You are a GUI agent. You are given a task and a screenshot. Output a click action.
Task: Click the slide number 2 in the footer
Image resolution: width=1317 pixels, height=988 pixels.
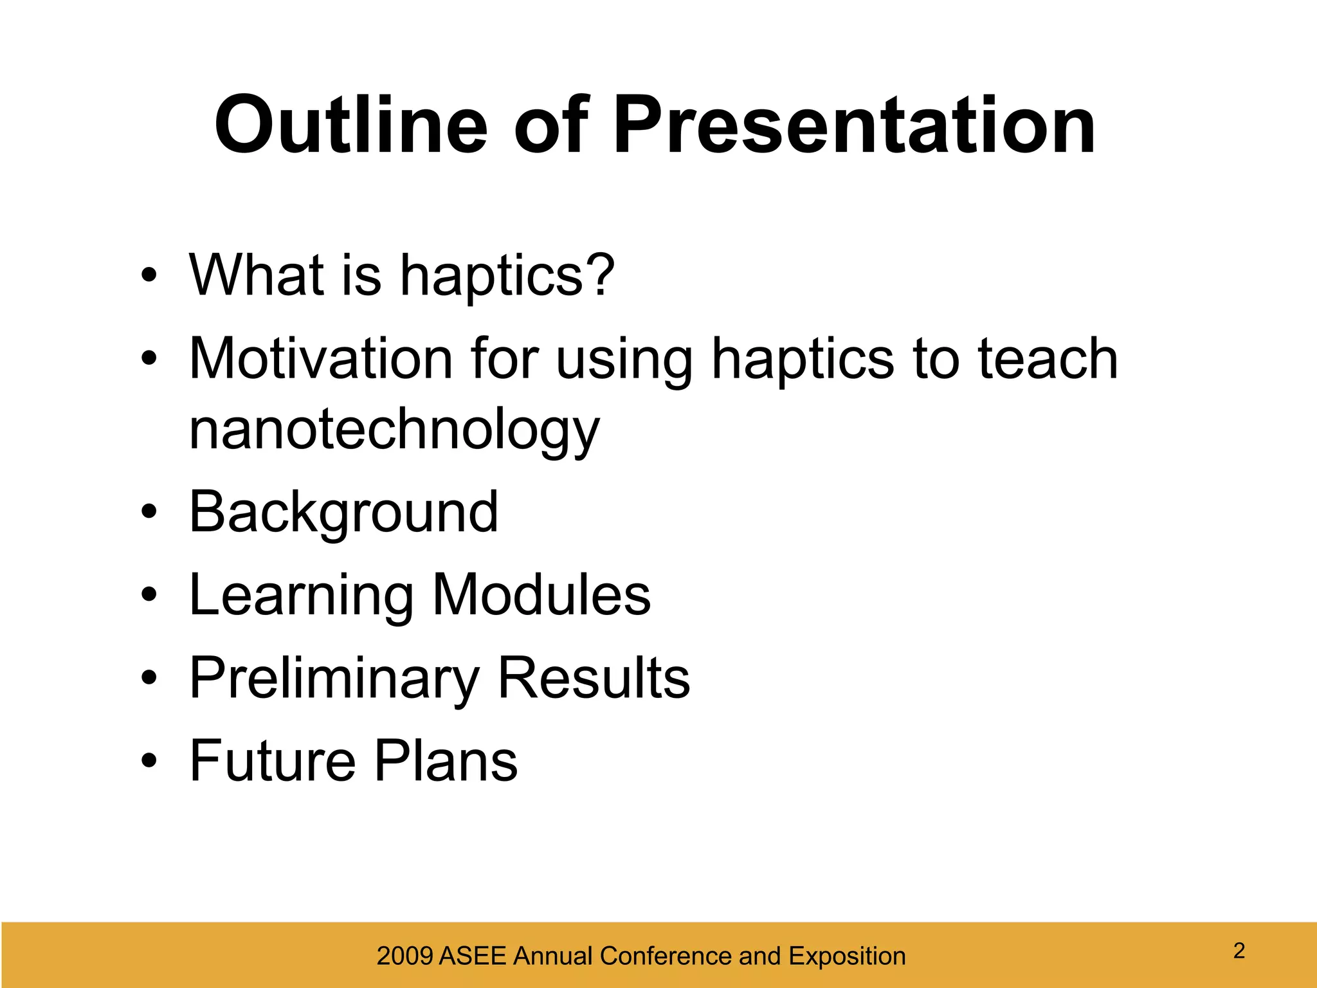tap(1239, 951)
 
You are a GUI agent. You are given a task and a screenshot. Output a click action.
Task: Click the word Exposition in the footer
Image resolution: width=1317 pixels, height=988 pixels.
tap(847, 956)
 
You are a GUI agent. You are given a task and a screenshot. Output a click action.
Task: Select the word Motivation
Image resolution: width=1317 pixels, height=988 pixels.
tap(321, 358)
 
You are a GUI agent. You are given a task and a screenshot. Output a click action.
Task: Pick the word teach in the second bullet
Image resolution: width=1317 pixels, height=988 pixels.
tap(1048, 358)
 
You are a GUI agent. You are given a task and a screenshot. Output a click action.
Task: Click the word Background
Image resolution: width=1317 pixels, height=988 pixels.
tap(343, 513)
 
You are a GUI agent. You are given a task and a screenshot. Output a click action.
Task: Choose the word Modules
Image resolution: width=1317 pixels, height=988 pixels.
tap(541, 595)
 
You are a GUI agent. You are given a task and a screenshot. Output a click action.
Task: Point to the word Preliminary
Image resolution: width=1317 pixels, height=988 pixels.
tap(334, 679)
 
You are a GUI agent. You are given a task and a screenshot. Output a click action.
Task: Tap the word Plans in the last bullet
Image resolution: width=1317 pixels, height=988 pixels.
tap(446, 761)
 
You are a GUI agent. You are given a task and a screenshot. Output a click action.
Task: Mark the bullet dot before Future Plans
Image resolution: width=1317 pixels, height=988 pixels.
tap(149, 762)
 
